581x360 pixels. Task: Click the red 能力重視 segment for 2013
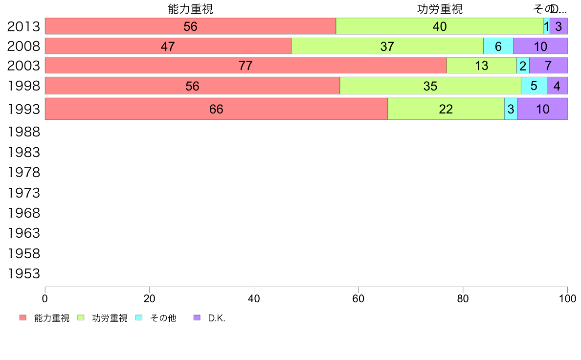(190, 26)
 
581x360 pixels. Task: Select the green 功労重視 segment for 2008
(387, 46)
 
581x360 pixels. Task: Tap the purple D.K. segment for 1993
(542, 109)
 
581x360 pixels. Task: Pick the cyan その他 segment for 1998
(534, 86)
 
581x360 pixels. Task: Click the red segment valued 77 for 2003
(246, 66)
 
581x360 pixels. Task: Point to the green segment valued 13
(481, 66)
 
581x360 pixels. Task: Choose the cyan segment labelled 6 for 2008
(498, 46)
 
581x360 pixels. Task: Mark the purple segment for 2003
(548, 66)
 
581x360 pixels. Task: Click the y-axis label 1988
(23, 132)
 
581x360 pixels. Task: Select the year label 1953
(23, 273)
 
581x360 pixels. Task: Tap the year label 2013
(23, 26)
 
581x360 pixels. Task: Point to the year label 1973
(23, 193)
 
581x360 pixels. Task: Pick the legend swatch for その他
(138, 318)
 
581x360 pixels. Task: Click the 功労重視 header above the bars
(440, 9)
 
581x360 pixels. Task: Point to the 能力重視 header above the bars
(190, 9)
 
